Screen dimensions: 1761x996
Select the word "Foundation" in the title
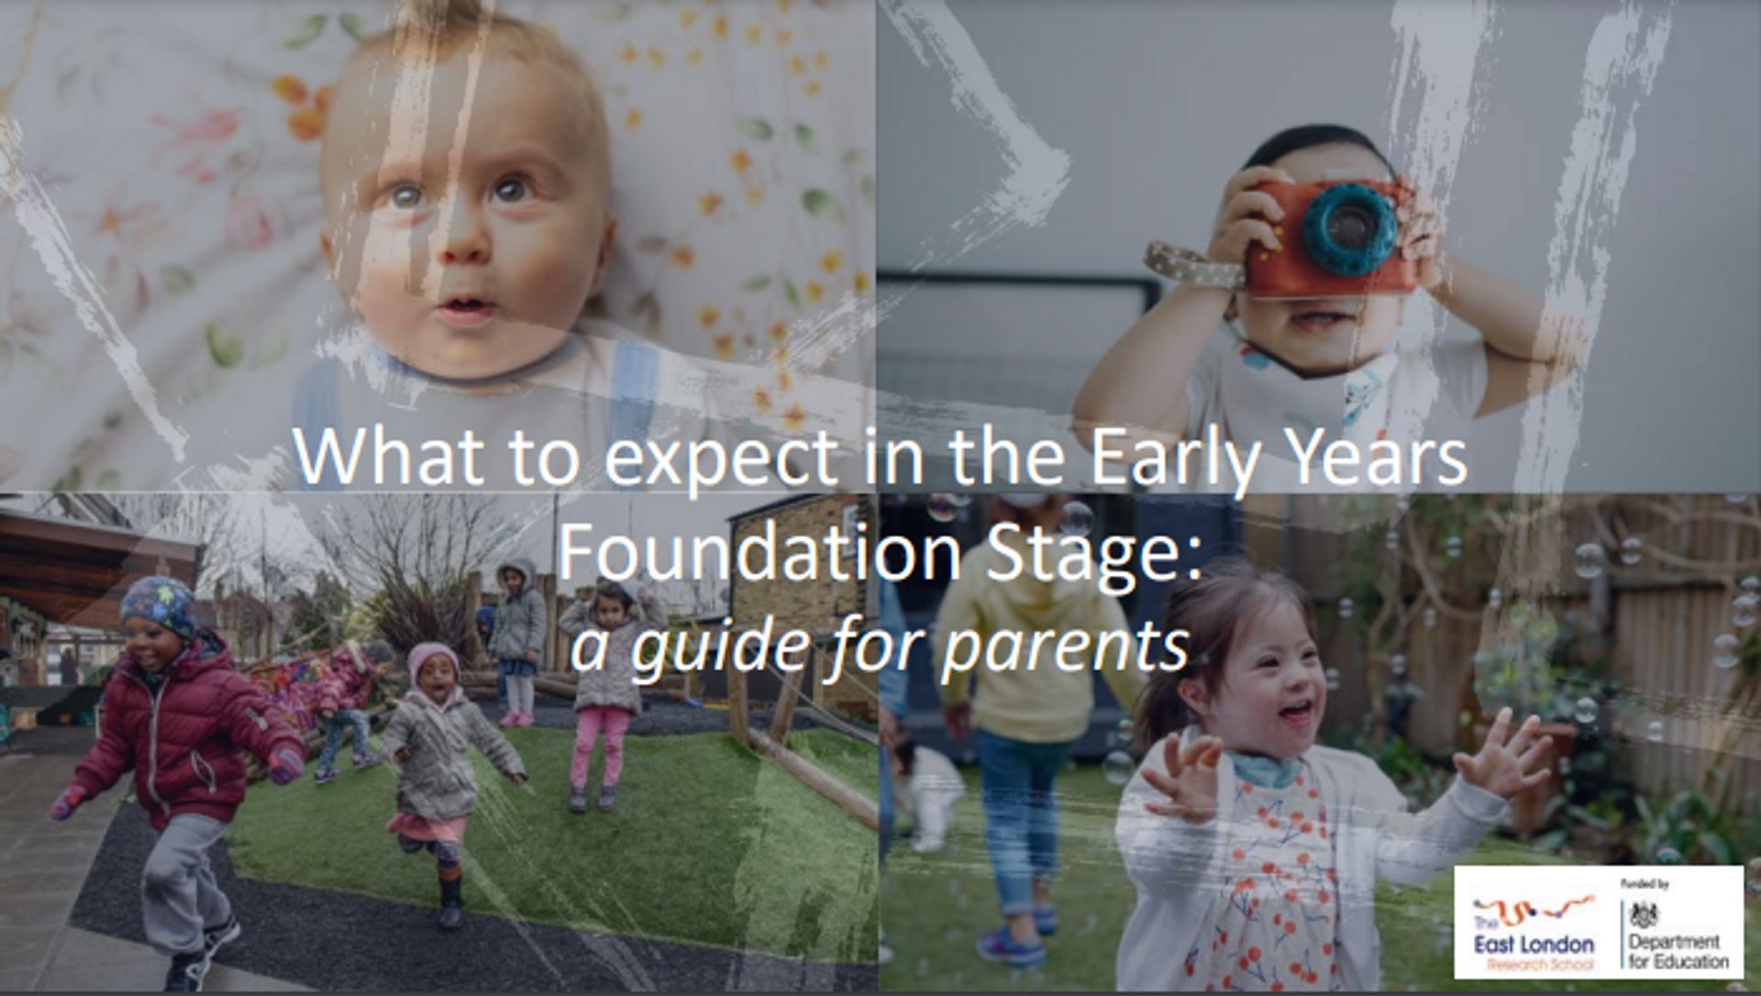pos(759,553)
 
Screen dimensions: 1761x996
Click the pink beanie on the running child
pos(432,658)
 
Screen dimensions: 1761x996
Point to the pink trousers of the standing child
pos(599,745)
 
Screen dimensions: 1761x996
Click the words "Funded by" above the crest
pos(1645,884)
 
